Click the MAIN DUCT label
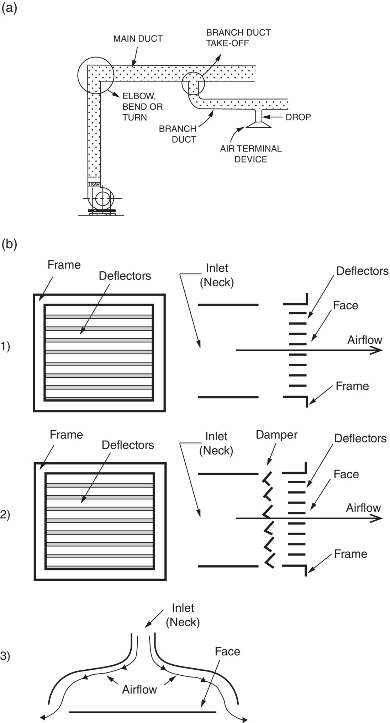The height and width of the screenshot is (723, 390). [138, 39]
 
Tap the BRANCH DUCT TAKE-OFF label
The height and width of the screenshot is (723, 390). [238, 38]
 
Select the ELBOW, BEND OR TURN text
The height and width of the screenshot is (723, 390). [143, 107]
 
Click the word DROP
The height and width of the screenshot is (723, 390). [298, 117]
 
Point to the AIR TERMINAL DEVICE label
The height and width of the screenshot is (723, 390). [251, 154]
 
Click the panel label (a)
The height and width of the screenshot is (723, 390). [9, 9]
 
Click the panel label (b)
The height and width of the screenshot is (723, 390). [9, 245]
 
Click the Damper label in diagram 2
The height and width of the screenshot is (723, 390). [276, 435]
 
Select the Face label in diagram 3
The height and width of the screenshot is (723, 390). [227, 652]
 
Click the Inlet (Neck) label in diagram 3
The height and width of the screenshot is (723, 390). [183, 615]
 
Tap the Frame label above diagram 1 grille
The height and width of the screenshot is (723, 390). [64, 265]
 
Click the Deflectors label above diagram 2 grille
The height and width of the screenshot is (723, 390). [128, 445]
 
